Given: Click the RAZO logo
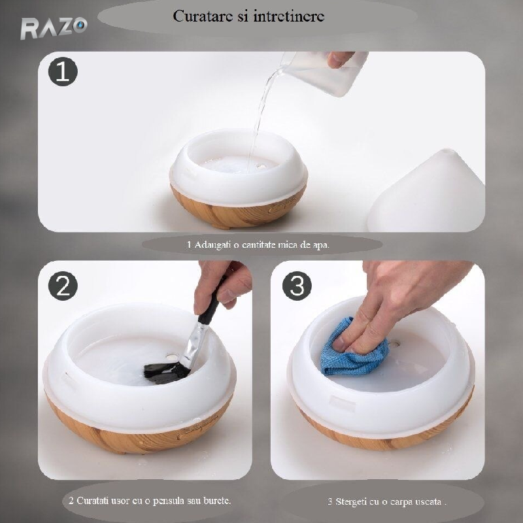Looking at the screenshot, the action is [54, 28].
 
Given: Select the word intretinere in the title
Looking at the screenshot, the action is [289, 16].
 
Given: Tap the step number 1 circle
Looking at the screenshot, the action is [63, 71].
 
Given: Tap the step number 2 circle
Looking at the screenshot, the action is [63, 286].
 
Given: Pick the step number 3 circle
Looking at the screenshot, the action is [297, 286].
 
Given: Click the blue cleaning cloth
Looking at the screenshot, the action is [354, 348].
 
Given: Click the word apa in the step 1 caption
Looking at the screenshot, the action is [320, 245].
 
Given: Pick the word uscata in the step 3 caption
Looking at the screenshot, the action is [430, 501].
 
